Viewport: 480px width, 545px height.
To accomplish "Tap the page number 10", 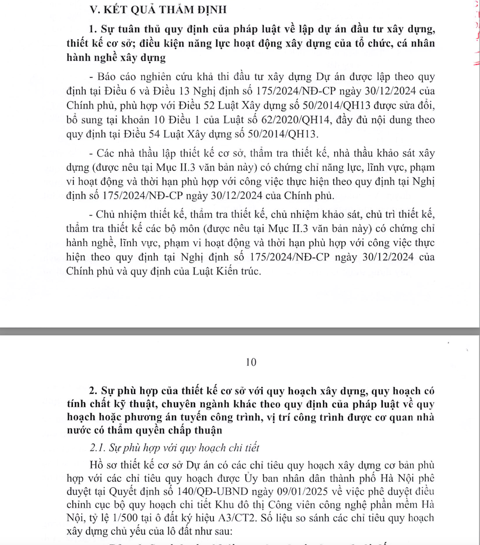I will click(250, 362).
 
